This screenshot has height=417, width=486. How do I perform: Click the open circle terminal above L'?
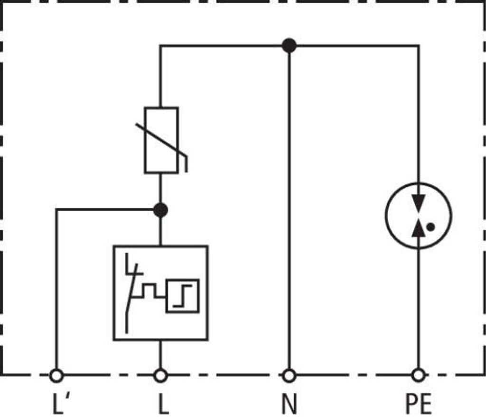[56, 376]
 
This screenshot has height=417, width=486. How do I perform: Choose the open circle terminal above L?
[160, 376]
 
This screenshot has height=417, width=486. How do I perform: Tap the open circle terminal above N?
[289, 376]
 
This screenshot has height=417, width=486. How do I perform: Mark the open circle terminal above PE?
[418, 376]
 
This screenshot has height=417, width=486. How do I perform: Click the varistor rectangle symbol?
[161, 140]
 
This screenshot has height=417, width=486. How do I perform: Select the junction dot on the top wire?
[289, 45]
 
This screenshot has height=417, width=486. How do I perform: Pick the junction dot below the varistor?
[161, 209]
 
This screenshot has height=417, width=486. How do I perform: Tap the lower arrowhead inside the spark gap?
[418, 228]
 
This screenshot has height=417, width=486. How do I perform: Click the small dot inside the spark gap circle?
[430, 227]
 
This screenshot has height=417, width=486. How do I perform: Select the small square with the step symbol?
[182, 296]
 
